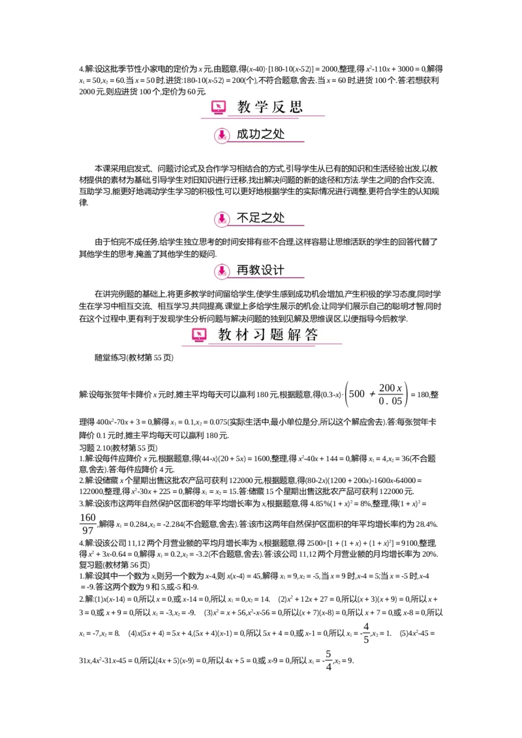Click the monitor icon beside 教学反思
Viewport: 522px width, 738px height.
click(x=219, y=106)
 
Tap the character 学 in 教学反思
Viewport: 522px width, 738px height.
click(x=262, y=106)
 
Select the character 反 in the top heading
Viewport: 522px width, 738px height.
click(x=279, y=106)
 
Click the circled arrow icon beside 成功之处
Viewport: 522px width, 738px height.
click(x=222, y=136)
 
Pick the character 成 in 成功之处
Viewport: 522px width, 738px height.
click(x=243, y=134)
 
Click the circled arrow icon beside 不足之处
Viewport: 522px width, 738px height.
click(x=222, y=219)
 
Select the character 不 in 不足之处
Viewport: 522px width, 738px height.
click(x=243, y=218)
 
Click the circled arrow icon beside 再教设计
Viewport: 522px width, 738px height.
click(x=222, y=271)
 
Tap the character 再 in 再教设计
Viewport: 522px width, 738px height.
click(x=243, y=270)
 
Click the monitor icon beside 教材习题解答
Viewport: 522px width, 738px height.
click(x=199, y=335)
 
